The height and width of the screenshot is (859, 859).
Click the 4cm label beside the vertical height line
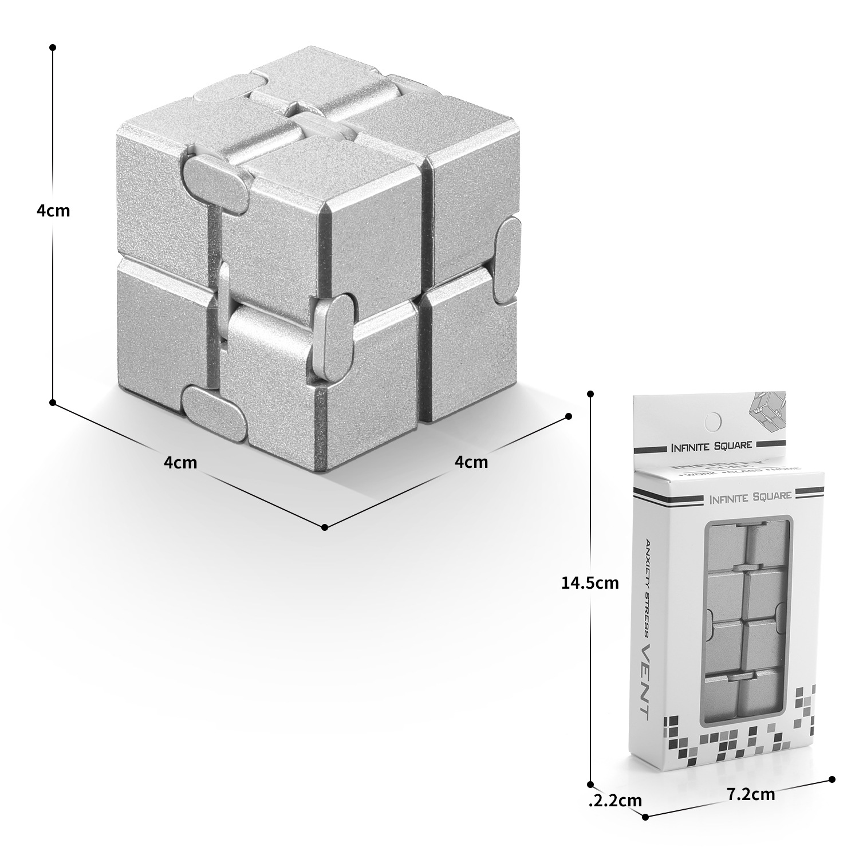click(x=53, y=211)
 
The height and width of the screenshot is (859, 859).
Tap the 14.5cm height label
click(x=590, y=583)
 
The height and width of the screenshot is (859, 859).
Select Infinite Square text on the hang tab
click(x=712, y=444)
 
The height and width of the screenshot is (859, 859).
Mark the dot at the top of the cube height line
click(x=53, y=47)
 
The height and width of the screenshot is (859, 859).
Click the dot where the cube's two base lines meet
click(x=324, y=527)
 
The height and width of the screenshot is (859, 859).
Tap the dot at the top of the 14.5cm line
click(x=590, y=394)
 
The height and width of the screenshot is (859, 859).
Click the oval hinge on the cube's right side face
click(x=507, y=259)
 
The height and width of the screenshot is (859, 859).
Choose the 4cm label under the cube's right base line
click(x=471, y=462)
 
